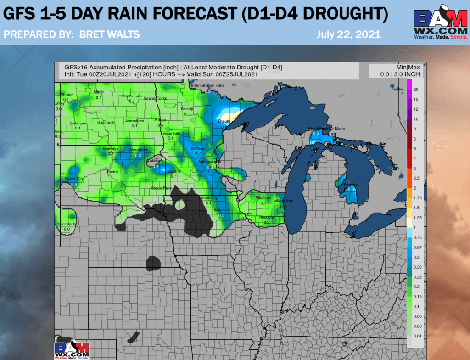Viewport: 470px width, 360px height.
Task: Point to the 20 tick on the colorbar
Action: (x=416, y=90)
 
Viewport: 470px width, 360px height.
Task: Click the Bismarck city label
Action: (x=106, y=123)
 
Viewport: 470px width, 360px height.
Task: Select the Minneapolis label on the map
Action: (x=210, y=162)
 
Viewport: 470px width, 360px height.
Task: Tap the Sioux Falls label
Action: (x=162, y=188)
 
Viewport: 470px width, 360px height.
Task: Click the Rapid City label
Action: (x=74, y=179)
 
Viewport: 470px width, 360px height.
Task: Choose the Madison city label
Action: (x=263, y=197)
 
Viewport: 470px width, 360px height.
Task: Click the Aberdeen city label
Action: (x=138, y=150)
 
